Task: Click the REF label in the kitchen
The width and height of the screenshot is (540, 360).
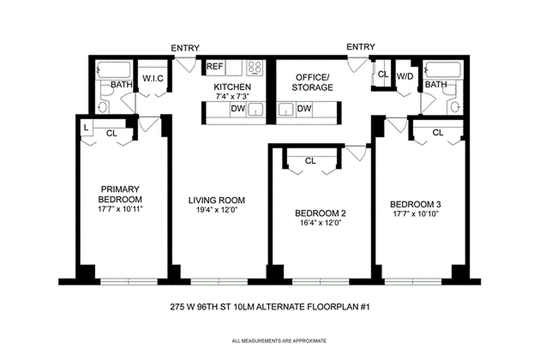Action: pyautogui.click(x=215, y=67)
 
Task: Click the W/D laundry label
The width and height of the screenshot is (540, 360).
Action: pyautogui.click(x=405, y=76)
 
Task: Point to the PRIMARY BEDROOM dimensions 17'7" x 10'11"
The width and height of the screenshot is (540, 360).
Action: pyautogui.click(x=120, y=209)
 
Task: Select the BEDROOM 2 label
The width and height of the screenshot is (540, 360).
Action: pyautogui.click(x=320, y=213)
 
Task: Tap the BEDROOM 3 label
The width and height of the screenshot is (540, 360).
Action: pyautogui.click(x=414, y=204)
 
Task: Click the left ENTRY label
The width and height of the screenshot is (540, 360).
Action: pyautogui.click(x=185, y=48)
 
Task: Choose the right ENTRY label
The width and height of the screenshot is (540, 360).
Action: pyautogui.click(x=360, y=47)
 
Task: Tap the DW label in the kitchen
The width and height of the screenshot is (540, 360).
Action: pyautogui.click(x=237, y=108)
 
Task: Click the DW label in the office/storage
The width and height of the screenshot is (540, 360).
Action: pyautogui.click(x=304, y=108)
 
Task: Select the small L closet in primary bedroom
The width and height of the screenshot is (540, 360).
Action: pyautogui.click(x=85, y=128)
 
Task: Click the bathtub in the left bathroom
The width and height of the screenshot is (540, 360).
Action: pyautogui.click(x=114, y=70)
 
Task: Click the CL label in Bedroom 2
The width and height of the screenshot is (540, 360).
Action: pyautogui.click(x=310, y=161)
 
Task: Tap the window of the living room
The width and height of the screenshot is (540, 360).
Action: pyautogui.click(x=219, y=281)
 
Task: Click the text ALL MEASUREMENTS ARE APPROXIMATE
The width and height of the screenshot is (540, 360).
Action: pyautogui.click(x=279, y=341)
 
